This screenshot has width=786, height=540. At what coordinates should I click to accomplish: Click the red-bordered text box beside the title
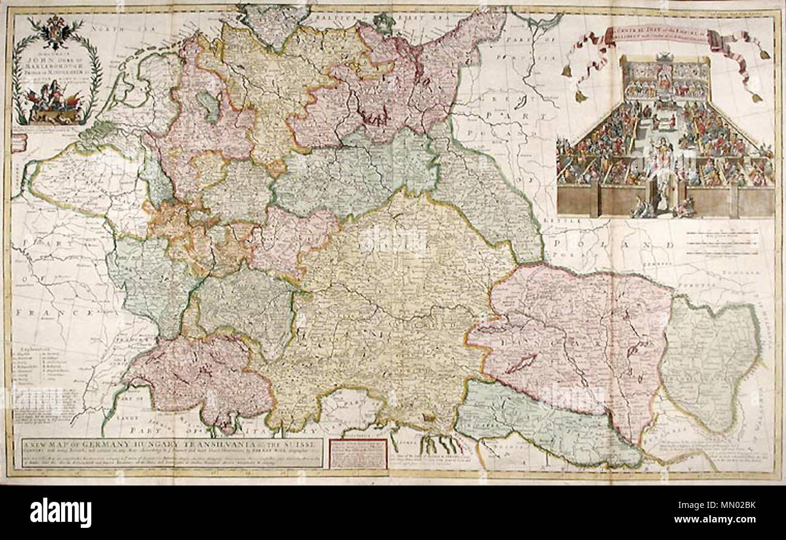point(357,453)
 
